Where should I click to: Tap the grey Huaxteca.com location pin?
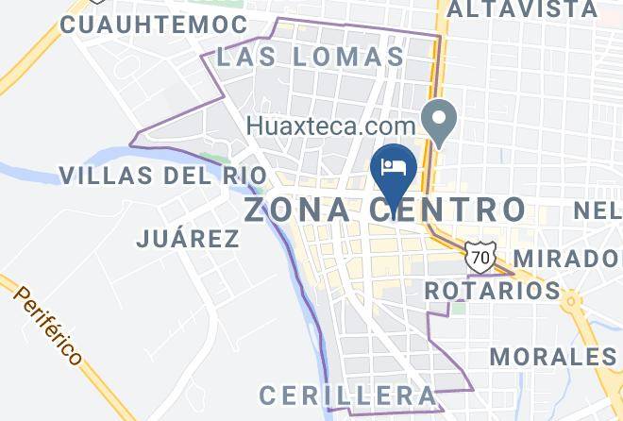point(439,120)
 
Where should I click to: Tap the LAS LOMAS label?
point(311,57)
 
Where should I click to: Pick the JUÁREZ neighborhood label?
point(188,238)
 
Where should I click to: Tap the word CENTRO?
point(456,209)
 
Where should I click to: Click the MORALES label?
point(553,357)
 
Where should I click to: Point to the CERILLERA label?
point(348,394)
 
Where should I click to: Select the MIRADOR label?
point(568,260)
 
